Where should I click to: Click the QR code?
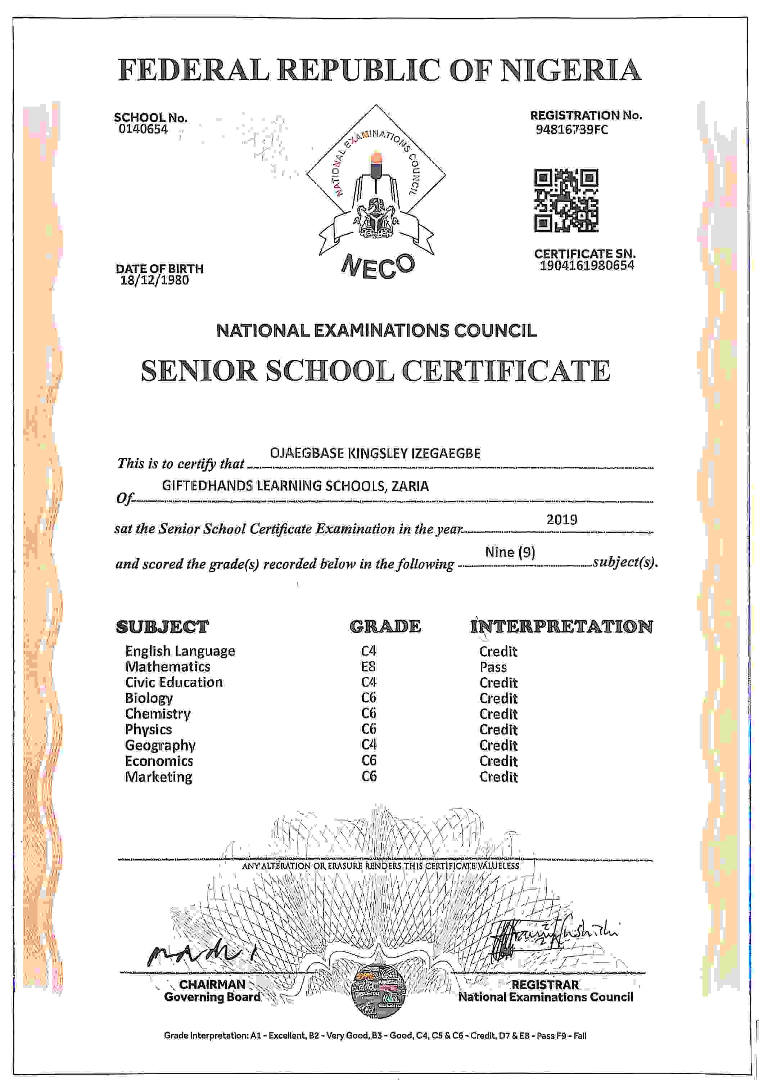click(566, 201)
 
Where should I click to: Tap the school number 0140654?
click(143, 129)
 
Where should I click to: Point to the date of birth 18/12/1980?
click(155, 280)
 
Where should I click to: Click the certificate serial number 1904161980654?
click(587, 265)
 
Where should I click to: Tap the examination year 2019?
click(561, 519)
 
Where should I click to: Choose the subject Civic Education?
click(173, 682)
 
